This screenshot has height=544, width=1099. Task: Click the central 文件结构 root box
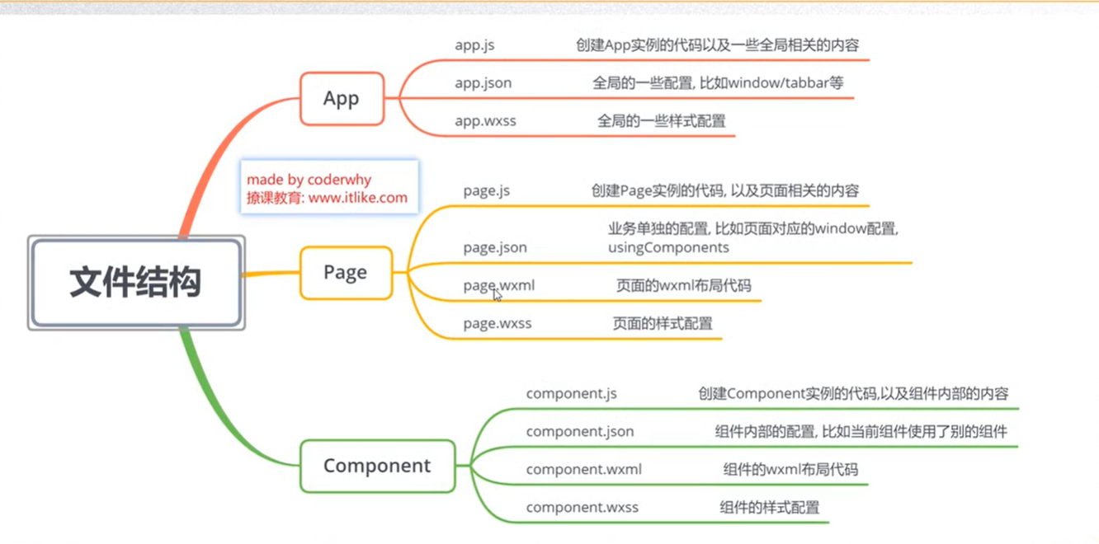[x=136, y=283]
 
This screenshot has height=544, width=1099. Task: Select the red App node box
[x=342, y=99]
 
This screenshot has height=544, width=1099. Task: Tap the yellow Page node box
[x=346, y=273]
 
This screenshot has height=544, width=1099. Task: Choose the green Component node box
[x=377, y=466]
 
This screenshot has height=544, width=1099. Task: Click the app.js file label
[x=474, y=45]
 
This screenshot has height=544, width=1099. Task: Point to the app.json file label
[x=483, y=83]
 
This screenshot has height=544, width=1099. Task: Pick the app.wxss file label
[x=485, y=121]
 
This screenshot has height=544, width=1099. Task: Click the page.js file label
[x=486, y=191]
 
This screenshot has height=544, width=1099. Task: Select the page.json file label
[x=495, y=247]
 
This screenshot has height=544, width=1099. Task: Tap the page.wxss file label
[x=497, y=324]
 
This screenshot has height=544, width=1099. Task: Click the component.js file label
[x=571, y=394]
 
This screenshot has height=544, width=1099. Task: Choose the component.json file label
[x=580, y=432]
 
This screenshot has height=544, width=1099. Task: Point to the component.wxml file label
[x=583, y=470]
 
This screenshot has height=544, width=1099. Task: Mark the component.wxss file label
[x=582, y=508]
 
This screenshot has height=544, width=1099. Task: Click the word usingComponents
[x=668, y=247]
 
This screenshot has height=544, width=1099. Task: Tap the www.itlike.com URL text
[x=358, y=198]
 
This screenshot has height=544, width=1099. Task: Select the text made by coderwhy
[x=309, y=180]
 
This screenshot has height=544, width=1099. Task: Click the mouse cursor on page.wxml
[x=497, y=294]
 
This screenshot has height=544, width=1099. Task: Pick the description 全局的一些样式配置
[x=661, y=121]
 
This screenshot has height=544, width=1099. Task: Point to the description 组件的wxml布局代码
[x=790, y=470]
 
